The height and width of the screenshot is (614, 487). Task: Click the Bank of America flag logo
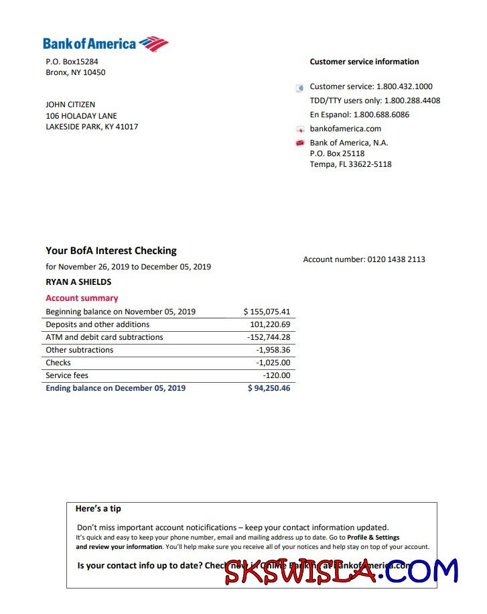[x=153, y=44]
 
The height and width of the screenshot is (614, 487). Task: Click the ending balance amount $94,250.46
[x=269, y=388]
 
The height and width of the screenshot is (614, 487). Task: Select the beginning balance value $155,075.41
[x=267, y=312]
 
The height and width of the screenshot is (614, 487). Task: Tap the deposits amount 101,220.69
[x=270, y=324]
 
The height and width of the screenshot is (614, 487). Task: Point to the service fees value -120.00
[x=277, y=375]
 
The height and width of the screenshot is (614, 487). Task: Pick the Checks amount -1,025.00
[x=273, y=363]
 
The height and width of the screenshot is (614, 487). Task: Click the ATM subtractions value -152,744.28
[x=269, y=337]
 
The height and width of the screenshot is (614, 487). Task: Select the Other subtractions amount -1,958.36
[x=273, y=350]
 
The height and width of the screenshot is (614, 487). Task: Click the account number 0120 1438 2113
[x=396, y=259]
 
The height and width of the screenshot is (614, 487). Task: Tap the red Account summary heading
[x=82, y=298]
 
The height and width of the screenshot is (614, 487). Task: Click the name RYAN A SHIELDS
[x=78, y=282]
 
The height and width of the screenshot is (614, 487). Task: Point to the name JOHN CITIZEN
[x=70, y=105]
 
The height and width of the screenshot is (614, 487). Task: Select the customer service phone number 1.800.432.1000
[x=405, y=86]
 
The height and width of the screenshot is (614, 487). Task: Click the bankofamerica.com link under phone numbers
[x=345, y=129]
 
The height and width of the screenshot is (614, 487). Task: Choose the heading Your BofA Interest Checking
[x=111, y=251]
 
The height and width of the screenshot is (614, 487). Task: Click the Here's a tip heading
[x=98, y=509]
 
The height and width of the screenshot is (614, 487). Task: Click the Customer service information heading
[x=364, y=62]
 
